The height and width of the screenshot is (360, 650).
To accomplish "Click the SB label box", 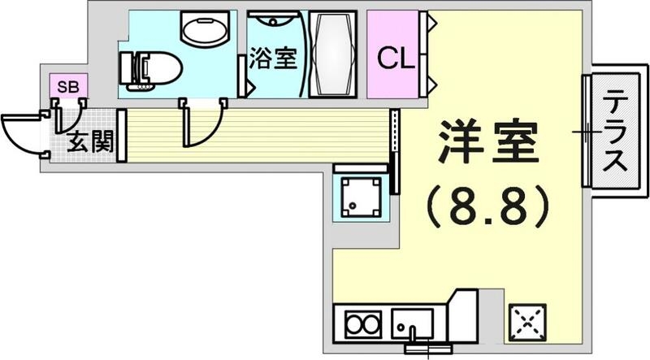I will point(62,84).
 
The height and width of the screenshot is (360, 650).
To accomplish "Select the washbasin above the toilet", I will point(206,33).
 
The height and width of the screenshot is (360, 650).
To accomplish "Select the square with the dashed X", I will point(528,324).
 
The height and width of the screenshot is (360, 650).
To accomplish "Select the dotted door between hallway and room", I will point(395,150).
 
